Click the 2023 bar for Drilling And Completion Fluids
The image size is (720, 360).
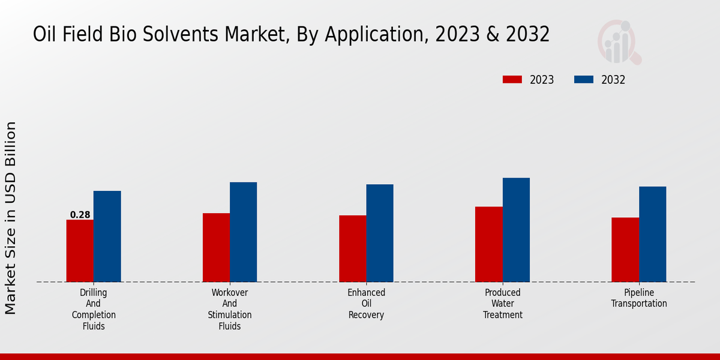pos(80,251)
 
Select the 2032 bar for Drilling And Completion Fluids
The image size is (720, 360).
pos(107,236)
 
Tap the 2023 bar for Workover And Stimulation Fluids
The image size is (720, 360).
pos(216,247)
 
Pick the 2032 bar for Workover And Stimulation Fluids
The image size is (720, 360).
pos(244,232)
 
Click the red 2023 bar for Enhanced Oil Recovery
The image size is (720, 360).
pos(353,248)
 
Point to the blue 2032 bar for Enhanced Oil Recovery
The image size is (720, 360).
pos(380,233)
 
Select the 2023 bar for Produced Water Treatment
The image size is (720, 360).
pos(489,244)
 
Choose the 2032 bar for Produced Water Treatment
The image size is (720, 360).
pos(516,230)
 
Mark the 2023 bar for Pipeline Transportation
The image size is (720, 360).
pos(625,250)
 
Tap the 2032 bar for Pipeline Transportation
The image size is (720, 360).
pos(653,234)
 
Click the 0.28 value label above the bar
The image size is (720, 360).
pos(80,215)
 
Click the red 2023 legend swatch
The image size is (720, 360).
pos(512,80)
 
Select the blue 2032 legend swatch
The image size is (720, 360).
pos(584,80)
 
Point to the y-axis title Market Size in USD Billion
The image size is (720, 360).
pos(11,218)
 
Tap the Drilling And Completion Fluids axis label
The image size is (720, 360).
pos(94,309)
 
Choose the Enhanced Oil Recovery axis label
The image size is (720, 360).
pos(366,304)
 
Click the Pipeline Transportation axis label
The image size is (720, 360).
pos(639,298)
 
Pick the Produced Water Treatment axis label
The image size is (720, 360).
pos(503,304)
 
